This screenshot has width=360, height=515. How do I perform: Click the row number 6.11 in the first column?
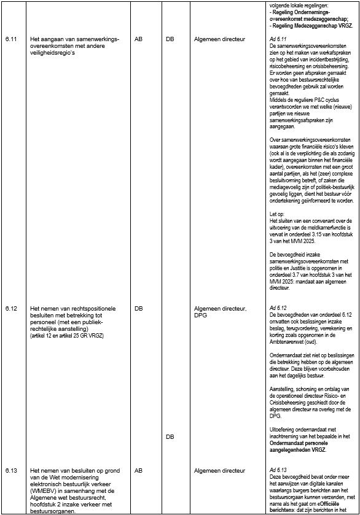10,39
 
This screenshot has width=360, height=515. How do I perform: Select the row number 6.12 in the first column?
10,307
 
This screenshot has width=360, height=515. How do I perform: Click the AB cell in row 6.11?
138,39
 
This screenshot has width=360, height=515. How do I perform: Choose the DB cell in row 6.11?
170,39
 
